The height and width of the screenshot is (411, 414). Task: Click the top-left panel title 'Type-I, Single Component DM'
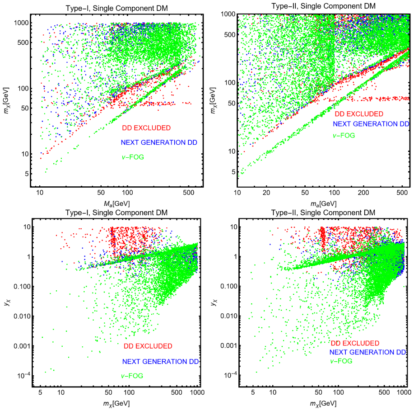[116, 8]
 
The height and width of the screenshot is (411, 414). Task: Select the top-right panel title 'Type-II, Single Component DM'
[323, 6]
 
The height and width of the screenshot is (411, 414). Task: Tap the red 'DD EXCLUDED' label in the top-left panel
[146, 128]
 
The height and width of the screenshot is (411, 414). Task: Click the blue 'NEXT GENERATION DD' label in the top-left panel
[159, 142]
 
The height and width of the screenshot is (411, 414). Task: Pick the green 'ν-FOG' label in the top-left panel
[133, 157]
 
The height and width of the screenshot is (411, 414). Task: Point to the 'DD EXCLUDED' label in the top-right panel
[359, 114]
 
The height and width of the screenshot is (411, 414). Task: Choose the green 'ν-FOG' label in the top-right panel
[344, 135]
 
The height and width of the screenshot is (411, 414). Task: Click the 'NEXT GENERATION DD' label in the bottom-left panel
[161, 362]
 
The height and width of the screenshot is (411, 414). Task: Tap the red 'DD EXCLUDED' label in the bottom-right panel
[355, 343]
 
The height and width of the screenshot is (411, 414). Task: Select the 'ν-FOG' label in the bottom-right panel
[341, 361]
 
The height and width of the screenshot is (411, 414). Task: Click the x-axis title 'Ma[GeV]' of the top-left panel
[116, 203]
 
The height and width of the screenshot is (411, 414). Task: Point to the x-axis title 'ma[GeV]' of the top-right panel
[323, 203]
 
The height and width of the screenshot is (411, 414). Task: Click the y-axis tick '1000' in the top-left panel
[21, 23]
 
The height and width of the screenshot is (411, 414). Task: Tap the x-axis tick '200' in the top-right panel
[363, 193]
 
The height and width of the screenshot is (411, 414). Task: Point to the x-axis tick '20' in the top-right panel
[266, 193]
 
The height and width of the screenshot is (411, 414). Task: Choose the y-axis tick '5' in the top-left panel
[27, 174]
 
